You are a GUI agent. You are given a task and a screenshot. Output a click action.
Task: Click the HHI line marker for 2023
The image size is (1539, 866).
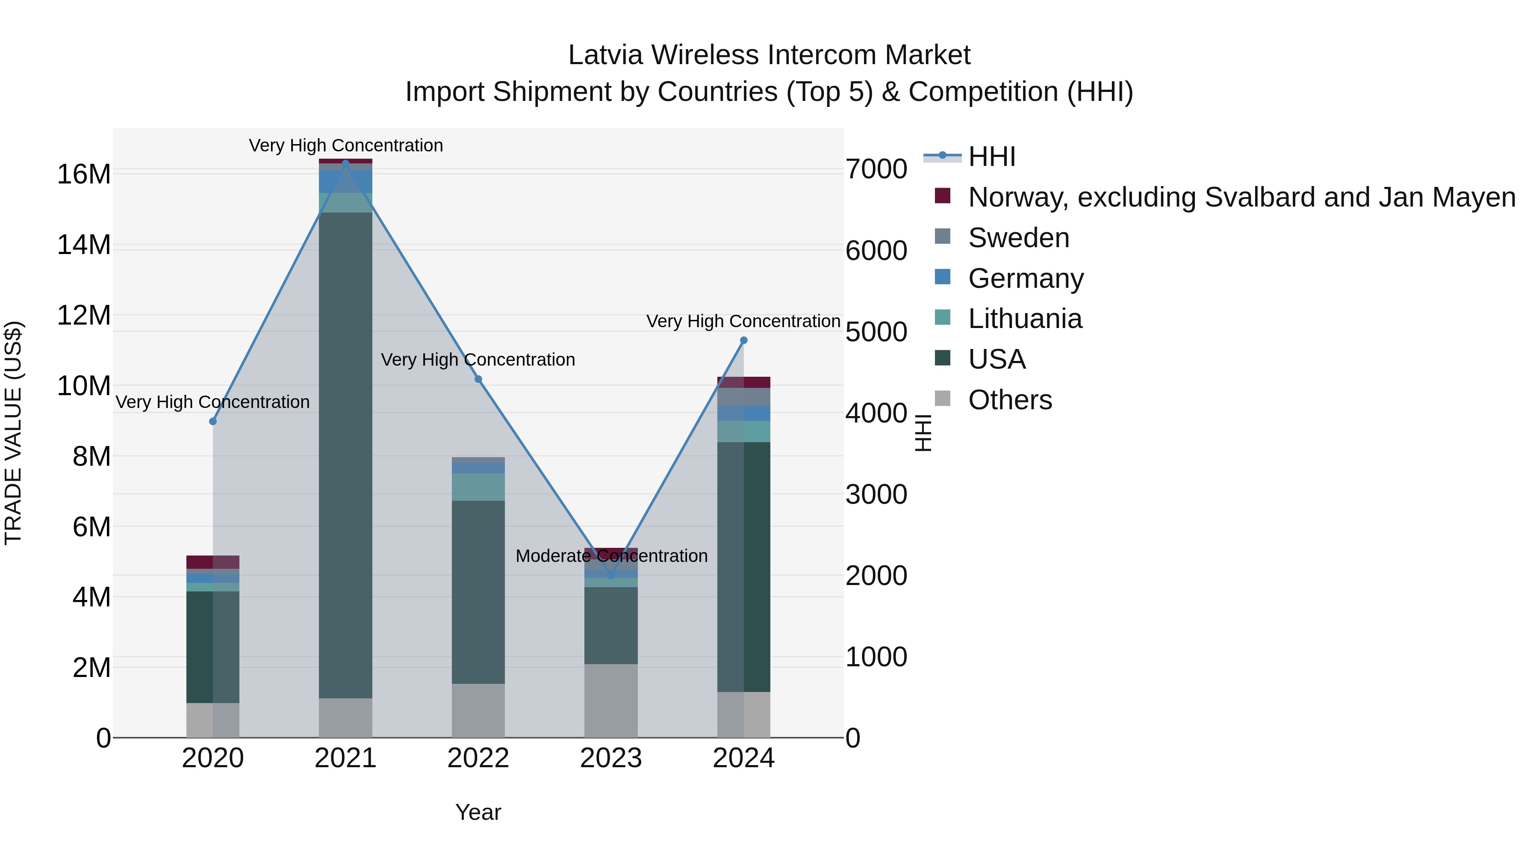click(610, 576)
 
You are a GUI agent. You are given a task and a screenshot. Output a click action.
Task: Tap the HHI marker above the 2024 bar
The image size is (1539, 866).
click(744, 340)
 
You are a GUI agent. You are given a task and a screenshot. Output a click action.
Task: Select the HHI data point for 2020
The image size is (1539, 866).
click(213, 421)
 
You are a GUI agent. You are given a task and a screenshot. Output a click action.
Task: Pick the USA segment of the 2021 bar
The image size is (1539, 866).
click(345, 454)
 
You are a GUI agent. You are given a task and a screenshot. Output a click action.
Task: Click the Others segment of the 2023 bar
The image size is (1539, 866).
click(610, 700)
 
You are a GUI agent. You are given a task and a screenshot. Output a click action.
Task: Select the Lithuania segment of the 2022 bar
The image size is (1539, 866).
click(478, 487)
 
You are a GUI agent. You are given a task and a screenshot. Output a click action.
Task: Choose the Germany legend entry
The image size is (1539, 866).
click(1025, 278)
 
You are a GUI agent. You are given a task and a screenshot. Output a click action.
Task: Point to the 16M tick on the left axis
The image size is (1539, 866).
click(84, 174)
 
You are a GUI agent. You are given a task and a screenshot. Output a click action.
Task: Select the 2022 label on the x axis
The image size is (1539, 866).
click(478, 758)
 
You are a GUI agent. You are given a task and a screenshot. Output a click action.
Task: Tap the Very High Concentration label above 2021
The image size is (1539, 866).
click(346, 145)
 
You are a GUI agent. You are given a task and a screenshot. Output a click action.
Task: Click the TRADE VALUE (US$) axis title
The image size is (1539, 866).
click(13, 433)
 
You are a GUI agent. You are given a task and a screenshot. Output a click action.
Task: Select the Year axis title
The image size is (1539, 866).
click(478, 812)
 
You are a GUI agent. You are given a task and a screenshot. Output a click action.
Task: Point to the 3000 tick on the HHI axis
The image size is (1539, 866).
click(876, 494)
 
